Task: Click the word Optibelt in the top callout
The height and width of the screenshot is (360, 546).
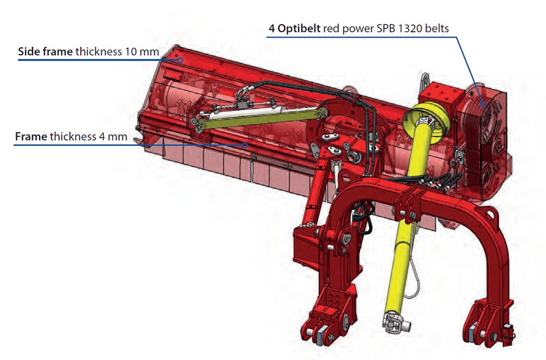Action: pos(299,29)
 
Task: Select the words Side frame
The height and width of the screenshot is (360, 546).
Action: pos(45,51)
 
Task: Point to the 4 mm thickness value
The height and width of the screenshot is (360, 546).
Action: pos(113,136)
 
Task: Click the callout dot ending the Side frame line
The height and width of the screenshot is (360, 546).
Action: pos(180,60)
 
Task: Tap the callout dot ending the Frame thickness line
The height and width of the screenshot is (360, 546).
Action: pos(245,145)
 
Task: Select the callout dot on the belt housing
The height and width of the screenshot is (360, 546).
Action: pos(483,104)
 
